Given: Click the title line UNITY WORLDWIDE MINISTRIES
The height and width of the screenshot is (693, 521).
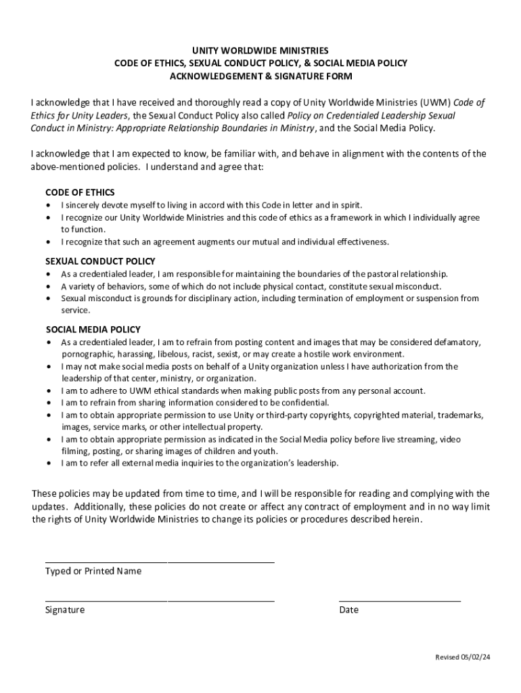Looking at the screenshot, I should click(x=260, y=51).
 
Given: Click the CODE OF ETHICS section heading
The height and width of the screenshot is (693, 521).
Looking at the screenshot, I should click(x=80, y=192).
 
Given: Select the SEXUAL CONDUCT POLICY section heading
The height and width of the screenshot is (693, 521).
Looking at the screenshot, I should click(x=100, y=261).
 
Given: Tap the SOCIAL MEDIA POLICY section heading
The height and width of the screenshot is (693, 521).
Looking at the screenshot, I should click(x=93, y=330).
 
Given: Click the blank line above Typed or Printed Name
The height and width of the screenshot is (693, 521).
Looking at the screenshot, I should click(x=160, y=562).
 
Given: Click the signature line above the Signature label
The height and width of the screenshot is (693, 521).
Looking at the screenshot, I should click(x=160, y=601).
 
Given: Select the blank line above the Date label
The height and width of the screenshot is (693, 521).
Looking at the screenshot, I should click(x=399, y=601).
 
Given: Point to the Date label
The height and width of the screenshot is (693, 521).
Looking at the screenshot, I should click(x=349, y=610).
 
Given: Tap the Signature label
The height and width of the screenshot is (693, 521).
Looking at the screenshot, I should click(x=65, y=610).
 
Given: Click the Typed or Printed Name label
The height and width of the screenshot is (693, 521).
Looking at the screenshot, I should click(x=93, y=571).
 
